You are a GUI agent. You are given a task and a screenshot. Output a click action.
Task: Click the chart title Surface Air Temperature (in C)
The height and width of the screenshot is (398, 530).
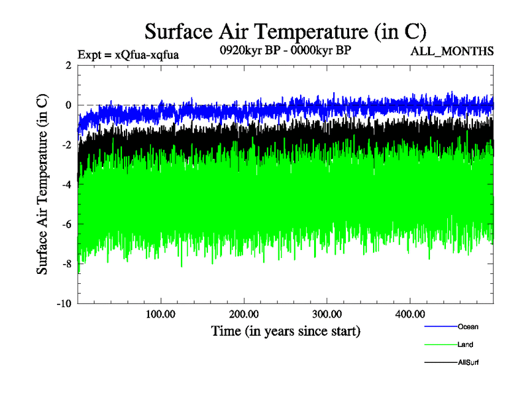click(x=285, y=31)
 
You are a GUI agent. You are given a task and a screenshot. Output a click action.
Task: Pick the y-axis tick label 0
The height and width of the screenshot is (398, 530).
click(x=68, y=105)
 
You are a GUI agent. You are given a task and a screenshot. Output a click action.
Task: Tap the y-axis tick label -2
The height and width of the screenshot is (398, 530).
click(x=66, y=145)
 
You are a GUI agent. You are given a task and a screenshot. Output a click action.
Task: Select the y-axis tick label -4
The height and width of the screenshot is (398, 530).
click(x=66, y=184)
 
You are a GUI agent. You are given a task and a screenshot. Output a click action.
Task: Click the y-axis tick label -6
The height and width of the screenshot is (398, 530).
click(x=66, y=224)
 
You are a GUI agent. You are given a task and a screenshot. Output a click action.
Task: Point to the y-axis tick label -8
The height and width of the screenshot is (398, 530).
click(x=66, y=264)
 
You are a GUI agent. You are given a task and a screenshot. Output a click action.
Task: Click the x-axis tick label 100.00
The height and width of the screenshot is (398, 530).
click(x=161, y=314)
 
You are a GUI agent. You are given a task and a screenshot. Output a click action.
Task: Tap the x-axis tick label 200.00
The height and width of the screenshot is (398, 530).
click(x=244, y=314)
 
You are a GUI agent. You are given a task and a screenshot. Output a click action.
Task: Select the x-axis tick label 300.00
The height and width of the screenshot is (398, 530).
click(x=327, y=314)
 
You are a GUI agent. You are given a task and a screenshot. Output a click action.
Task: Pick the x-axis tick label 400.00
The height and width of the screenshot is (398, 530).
click(x=409, y=314)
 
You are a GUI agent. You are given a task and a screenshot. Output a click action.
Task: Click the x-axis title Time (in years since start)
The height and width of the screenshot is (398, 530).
click(x=286, y=330)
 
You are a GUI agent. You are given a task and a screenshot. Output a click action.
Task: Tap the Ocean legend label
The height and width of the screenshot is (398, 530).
click(x=468, y=326)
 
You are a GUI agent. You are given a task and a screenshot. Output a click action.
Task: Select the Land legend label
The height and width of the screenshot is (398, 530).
click(x=465, y=345)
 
